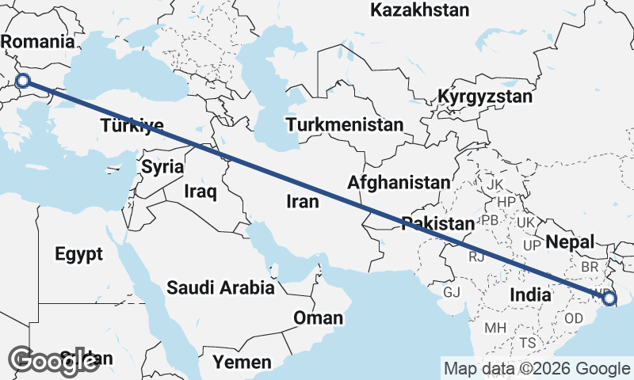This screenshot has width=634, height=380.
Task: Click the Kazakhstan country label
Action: click(x=420, y=10)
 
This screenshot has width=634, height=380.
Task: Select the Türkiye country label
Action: click(x=132, y=125)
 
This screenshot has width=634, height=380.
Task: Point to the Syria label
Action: click(x=162, y=167)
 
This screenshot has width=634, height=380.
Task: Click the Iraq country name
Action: click(x=200, y=192)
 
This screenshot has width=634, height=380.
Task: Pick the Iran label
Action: click(x=303, y=202)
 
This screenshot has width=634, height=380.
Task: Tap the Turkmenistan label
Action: click(x=345, y=125)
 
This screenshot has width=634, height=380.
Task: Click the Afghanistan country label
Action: click(x=399, y=183)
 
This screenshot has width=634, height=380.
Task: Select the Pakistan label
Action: click(x=437, y=223)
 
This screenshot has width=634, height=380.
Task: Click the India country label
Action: click(x=530, y=294)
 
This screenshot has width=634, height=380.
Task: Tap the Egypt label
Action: click(x=78, y=254)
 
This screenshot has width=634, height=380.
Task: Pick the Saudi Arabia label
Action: click(x=220, y=288)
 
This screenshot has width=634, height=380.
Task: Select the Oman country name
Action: click(x=318, y=318)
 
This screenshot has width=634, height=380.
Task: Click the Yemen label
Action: click(x=242, y=363)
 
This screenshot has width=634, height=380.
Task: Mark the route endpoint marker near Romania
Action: click(x=23, y=80)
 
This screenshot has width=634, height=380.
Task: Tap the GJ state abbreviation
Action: click(x=452, y=292)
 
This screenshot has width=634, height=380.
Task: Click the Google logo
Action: click(x=53, y=360)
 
